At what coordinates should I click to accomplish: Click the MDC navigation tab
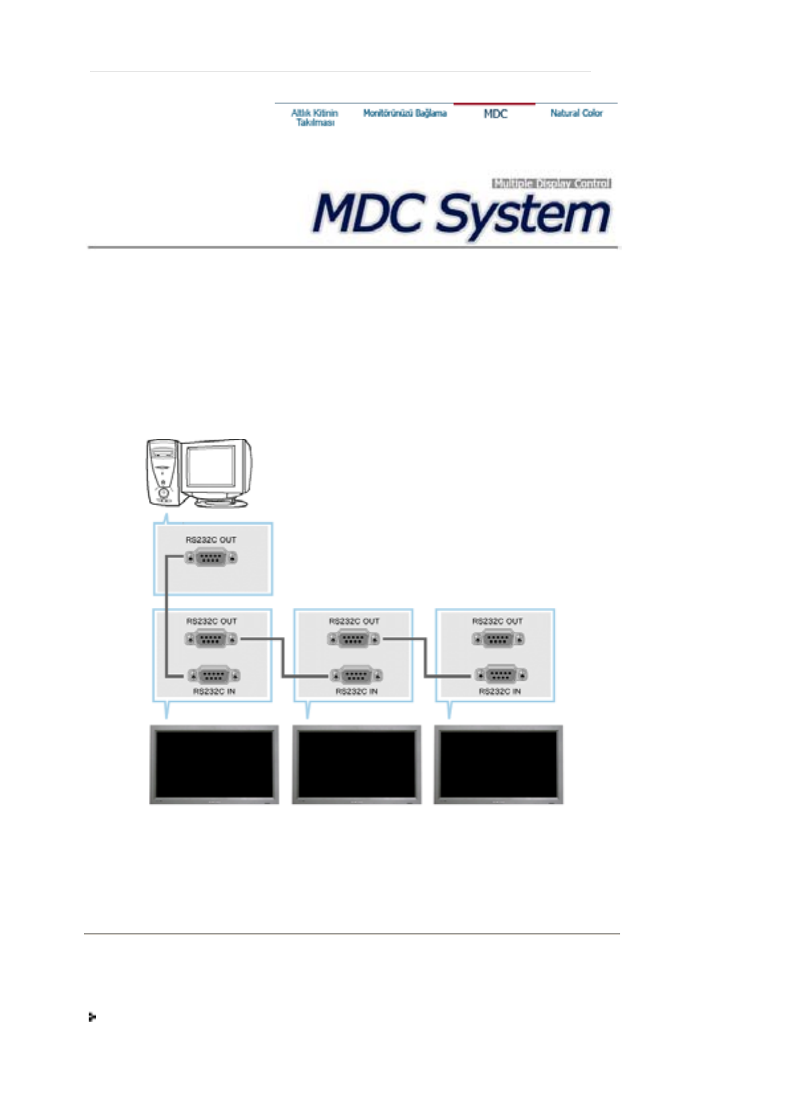[495, 114]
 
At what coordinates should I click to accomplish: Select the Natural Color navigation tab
[576, 113]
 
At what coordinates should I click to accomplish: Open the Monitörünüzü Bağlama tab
[404, 113]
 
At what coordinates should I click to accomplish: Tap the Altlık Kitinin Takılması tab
[314, 118]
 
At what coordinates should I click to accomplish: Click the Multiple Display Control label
[551, 183]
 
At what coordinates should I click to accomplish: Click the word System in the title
[523, 215]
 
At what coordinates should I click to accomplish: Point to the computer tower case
[162, 471]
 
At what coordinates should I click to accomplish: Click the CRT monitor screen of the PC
[210, 465]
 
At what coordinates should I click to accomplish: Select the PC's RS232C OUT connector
[210, 557]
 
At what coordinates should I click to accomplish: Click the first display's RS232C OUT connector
[211, 640]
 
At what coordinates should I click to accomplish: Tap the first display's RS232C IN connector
[213, 675]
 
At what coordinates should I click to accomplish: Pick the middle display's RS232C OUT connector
[353, 640]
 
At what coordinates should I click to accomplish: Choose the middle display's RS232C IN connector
[356, 675]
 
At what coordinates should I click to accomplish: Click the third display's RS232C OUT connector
[498, 640]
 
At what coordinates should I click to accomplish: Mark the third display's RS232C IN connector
[500, 675]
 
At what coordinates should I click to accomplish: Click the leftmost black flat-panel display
[214, 764]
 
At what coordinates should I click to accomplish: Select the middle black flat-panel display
[356, 764]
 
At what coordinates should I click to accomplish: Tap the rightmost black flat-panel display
[498, 764]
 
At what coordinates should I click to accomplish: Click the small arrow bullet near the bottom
[92, 1017]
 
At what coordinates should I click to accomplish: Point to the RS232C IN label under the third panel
[500, 691]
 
